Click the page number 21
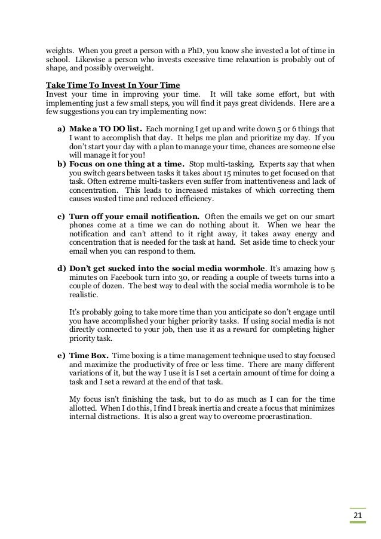[x=358, y=515]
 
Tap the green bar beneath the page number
[x=358, y=523]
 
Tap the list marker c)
[x=61, y=215]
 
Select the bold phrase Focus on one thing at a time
[x=128, y=163]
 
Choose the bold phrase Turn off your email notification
[x=134, y=215]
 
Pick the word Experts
[x=269, y=163]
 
